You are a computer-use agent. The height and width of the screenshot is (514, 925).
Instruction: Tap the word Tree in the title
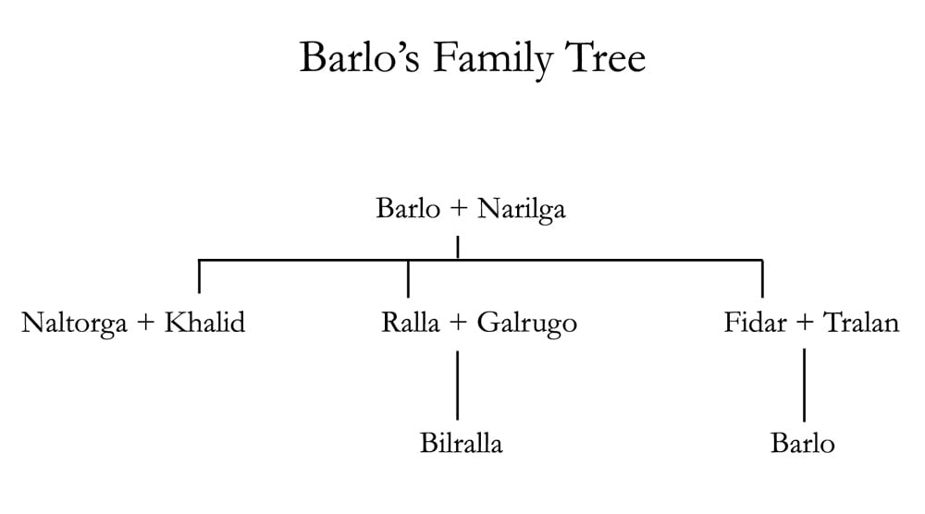coord(607,59)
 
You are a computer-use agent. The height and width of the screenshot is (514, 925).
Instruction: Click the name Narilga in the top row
coord(521,209)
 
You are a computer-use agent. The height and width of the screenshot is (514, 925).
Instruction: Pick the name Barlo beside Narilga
coord(408,209)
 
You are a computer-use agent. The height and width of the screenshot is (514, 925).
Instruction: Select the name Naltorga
coord(74,324)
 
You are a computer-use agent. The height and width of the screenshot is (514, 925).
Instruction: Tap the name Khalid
coord(204,324)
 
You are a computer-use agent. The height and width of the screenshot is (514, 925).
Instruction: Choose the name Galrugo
coord(527,324)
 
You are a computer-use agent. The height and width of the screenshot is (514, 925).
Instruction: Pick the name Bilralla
coord(461,444)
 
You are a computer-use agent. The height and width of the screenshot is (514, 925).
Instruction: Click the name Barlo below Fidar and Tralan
coord(802,444)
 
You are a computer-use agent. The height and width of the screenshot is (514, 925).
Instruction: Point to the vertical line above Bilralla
coord(457,384)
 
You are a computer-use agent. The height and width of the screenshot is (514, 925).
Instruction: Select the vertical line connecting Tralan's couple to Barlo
coord(804,384)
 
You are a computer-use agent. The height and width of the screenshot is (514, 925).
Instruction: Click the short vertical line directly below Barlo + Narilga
coord(458,248)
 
